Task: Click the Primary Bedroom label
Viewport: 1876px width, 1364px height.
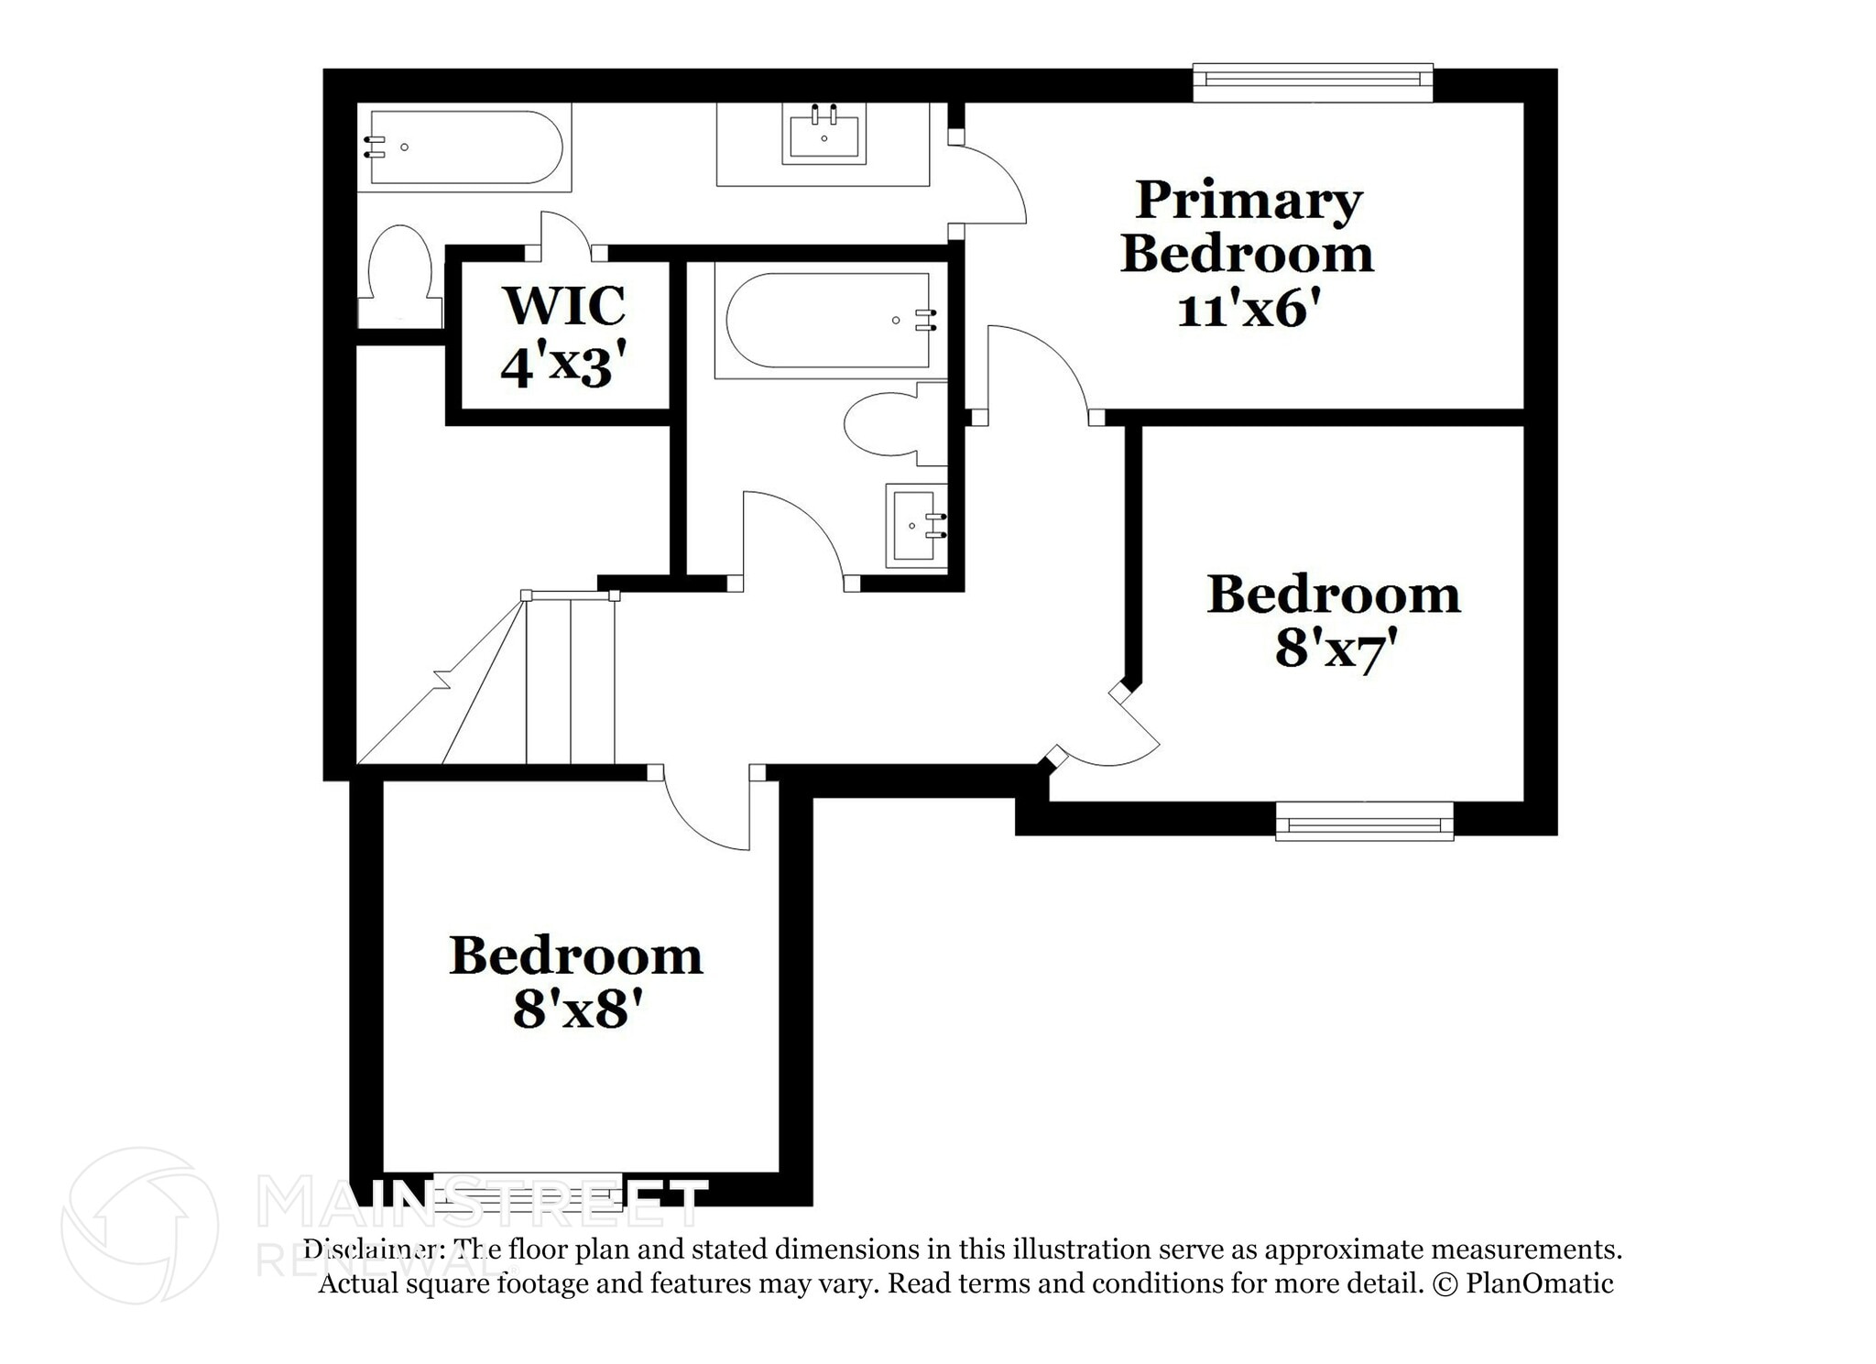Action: pyautogui.click(x=1248, y=227)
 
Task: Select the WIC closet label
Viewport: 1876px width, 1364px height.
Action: pyautogui.click(x=564, y=306)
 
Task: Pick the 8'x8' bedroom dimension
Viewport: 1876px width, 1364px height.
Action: pyautogui.click(x=574, y=1011)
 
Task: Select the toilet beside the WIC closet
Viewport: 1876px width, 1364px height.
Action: pyautogui.click(x=399, y=266)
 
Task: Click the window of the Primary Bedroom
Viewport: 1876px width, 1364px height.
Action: pyautogui.click(x=1312, y=82)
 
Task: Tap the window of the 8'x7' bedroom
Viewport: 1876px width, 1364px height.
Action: pyautogui.click(x=1364, y=821)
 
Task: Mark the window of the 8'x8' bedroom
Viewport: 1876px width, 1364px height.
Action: pyautogui.click(x=527, y=1191)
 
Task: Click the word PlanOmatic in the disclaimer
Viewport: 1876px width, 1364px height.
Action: pyautogui.click(x=1539, y=1283)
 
